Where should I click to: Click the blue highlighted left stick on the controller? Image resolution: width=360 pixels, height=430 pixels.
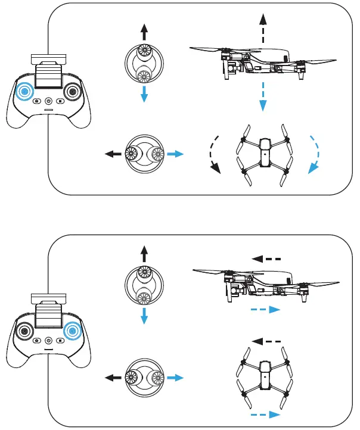[24, 92]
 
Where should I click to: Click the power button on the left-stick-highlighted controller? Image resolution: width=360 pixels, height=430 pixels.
[49, 101]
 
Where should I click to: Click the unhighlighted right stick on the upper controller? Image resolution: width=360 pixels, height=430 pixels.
[73, 92]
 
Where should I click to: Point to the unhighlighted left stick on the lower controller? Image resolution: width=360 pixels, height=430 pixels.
[24, 330]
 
